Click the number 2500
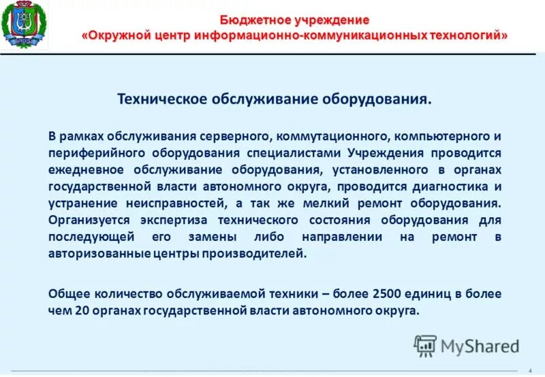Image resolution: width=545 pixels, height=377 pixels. [388, 294]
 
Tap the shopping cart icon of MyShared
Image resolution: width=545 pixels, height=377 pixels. [425, 346]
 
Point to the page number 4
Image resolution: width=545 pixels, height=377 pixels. [530, 370]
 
